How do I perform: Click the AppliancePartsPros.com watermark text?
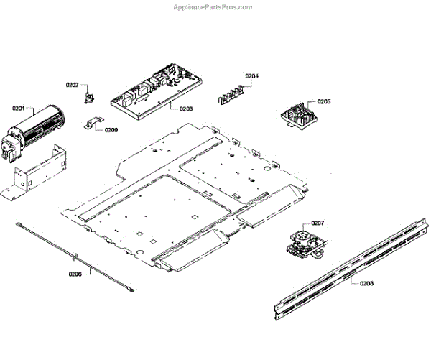213,7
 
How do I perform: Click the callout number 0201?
19,109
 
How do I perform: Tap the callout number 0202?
73,84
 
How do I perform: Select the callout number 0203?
186,109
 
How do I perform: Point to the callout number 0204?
251,76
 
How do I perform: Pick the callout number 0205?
323,102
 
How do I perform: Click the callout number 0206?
75,274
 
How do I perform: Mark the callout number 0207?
318,223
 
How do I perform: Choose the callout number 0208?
366,284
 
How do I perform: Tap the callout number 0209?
111,130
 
